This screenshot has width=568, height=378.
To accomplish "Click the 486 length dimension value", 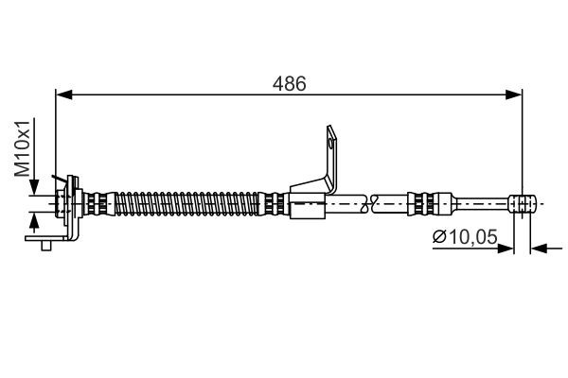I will (290, 83).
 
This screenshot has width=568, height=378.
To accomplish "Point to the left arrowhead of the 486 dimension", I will (63, 93).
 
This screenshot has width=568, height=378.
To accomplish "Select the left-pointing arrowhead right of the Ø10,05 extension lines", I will (540, 249).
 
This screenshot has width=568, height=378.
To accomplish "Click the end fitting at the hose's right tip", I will (524, 201).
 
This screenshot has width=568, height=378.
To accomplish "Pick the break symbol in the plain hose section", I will (372, 201).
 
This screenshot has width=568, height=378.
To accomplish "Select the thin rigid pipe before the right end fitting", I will (483, 201).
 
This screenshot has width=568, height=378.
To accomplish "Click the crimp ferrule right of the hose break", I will (421, 201).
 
